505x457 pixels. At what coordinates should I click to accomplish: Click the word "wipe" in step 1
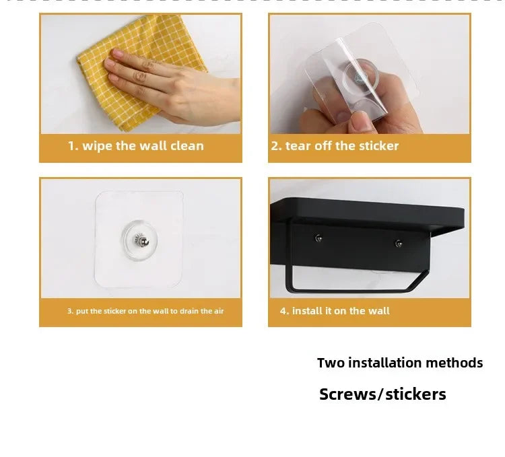[98, 146]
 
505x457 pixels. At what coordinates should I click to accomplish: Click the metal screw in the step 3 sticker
[141, 240]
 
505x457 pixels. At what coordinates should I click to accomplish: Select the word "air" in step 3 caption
[219, 311]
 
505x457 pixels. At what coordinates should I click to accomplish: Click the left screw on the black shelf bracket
[318, 238]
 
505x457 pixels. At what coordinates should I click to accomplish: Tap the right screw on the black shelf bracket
[399, 244]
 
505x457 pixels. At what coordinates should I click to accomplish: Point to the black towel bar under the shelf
[354, 290]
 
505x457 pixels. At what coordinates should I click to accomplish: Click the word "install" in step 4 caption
[307, 311]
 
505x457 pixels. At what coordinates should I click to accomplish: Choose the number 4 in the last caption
[283, 311]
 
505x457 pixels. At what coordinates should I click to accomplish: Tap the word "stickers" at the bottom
[415, 394]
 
